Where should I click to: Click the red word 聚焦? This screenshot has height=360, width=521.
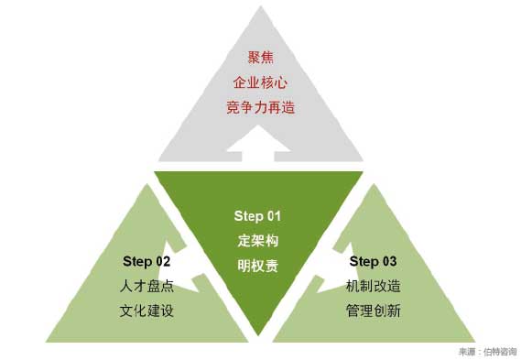(260, 58)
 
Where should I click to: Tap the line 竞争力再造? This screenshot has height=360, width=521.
(260, 107)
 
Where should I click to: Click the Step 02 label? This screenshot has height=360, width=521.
(147, 261)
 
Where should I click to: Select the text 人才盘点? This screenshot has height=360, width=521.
(147, 286)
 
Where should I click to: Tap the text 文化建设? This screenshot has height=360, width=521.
(147, 311)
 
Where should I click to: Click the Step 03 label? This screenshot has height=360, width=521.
(373, 261)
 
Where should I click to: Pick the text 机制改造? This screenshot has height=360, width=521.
(374, 286)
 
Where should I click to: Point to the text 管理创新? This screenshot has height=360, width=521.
(374, 311)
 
